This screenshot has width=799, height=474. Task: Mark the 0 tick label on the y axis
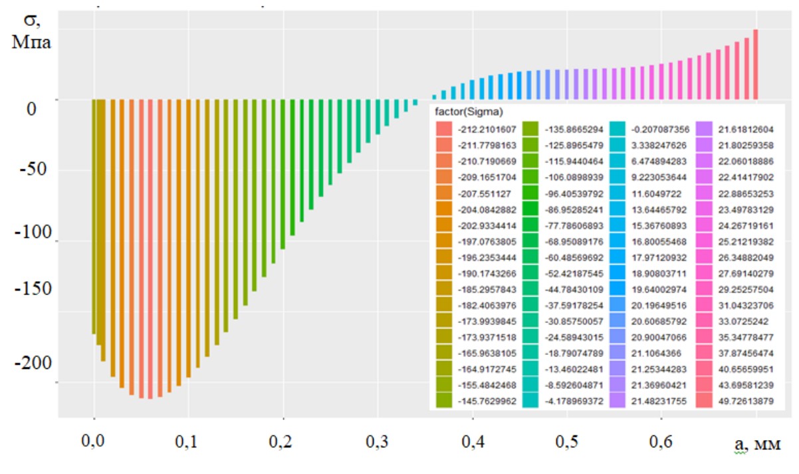[31, 108]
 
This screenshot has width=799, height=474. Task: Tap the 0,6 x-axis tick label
[661, 440]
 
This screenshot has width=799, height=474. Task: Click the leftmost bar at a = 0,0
[94, 216]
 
